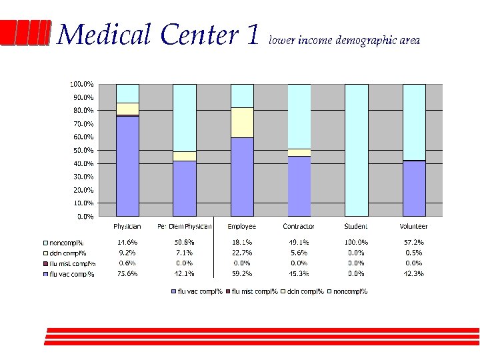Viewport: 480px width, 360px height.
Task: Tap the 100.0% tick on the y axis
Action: [82, 84]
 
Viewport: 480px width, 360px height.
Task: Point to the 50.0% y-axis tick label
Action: [82, 150]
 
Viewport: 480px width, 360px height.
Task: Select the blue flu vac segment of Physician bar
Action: [127, 166]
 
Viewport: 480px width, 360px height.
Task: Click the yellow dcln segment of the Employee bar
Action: [242, 122]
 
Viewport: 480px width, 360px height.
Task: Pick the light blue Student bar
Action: [357, 150]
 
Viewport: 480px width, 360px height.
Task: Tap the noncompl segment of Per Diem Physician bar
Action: [185, 117]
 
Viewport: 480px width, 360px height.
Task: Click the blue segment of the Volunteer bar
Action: [414, 189]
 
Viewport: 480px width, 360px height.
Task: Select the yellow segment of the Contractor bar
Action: [299, 153]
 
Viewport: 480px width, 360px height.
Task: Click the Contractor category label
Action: [299, 227]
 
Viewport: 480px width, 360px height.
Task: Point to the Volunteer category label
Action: [413, 227]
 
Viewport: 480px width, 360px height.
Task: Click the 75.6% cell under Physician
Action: [127, 273]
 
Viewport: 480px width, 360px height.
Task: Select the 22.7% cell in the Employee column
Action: [241, 253]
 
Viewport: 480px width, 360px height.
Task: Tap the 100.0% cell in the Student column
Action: [356, 243]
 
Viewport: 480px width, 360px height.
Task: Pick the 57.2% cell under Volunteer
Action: [413, 243]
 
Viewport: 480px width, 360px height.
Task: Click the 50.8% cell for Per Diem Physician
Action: [184, 243]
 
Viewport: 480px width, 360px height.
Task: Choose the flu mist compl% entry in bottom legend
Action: [254, 291]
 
